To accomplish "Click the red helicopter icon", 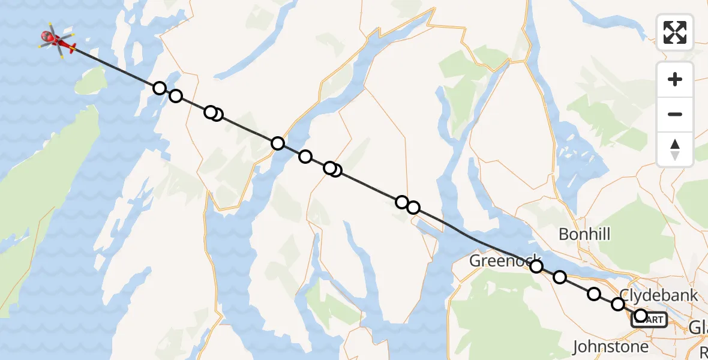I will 57,41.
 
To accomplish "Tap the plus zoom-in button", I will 675,80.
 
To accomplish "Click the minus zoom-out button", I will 675,114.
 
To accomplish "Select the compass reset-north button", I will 675,149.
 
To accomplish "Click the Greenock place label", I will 496,260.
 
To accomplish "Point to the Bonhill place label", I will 584,233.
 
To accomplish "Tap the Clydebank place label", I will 659,295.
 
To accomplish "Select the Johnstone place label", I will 611,346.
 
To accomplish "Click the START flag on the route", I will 650,320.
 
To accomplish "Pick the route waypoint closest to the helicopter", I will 159,88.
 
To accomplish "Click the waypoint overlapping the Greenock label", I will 536,266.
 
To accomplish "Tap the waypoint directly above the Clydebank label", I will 617,304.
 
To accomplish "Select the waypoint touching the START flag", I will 640,315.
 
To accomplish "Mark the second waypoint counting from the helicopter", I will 175,96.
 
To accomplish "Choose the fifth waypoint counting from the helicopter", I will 277,143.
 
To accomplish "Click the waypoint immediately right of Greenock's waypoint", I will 559,277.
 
